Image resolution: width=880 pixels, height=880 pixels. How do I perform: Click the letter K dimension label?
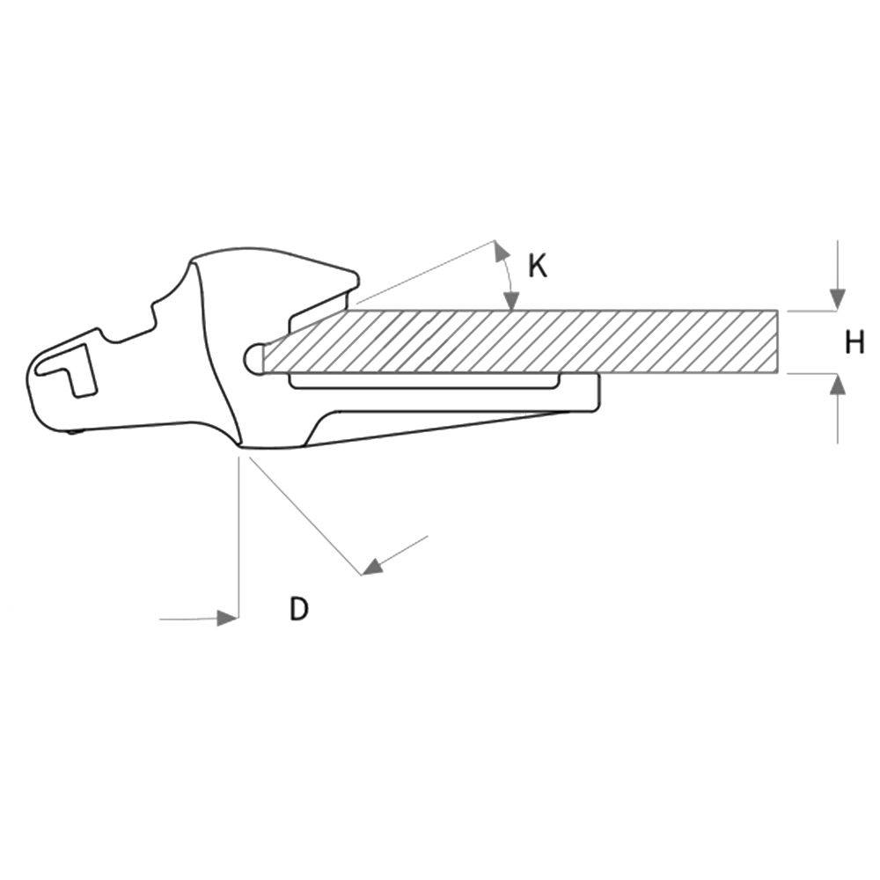pyautogui.click(x=537, y=266)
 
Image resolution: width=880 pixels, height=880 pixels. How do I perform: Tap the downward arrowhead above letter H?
pyautogui.click(x=838, y=299)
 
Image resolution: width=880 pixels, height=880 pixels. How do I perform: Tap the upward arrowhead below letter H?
pyautogui.click(x=838, y=385)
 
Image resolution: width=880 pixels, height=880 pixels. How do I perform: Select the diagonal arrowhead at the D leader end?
pyautogui.click(x=372, y=566)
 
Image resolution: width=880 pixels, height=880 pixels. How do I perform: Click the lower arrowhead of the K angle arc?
pyautogui.click(x=510, y=300)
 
